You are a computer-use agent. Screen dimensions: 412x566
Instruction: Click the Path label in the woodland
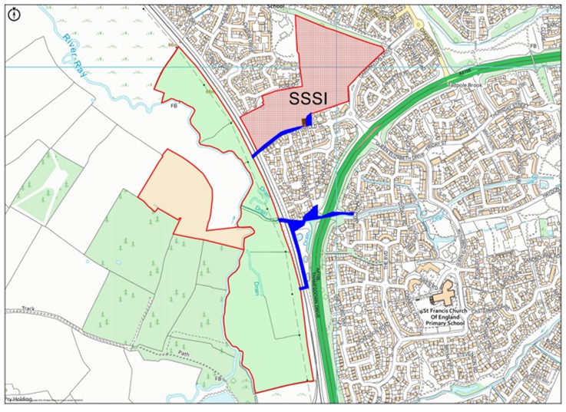tap(182, 354)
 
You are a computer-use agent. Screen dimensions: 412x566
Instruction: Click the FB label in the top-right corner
tap(533, 47)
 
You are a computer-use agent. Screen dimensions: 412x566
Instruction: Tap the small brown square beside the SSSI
tap(306, 120)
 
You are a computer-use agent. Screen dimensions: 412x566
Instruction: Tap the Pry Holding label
tap(17, 400)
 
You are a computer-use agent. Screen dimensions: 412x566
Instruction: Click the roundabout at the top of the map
tap(419, 23)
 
